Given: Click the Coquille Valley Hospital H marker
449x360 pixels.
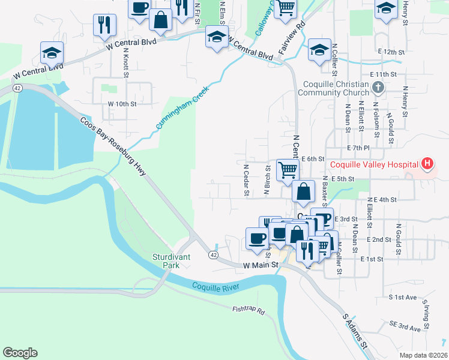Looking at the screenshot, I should click(427, 163).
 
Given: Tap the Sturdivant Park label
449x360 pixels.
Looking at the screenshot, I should click(171, 260).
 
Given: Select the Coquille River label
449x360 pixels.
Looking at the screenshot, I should click(215, 286).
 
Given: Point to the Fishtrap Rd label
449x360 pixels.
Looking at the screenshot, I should click(249, 310).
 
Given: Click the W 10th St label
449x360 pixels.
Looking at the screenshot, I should click(122, 104).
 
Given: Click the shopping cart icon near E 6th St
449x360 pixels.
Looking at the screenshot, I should click(288, 170).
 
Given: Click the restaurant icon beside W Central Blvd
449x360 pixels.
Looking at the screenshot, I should click(104, 25).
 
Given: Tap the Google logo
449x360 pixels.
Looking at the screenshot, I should click(20, 353).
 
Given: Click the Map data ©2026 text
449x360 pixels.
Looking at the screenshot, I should click(423, 355).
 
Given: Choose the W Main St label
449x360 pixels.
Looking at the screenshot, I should click(262, 265).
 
